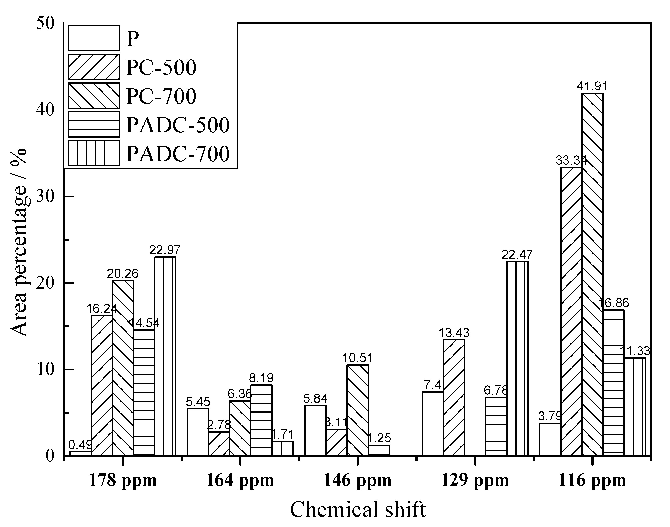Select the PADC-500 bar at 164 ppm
[x=261, y=420]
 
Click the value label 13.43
[x=454, y=333]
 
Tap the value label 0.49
[x=80, y=445]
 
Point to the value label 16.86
[x=613, y=303]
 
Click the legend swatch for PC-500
[x=94, y=67]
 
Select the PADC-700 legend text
[x=178, y=154]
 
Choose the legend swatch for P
[x=94, y=38]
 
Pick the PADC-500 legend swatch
[x=94, y=124]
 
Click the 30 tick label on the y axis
[x=45, y=196]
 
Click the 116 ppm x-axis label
[x=592, y=480]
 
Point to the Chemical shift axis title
[x=358, y=509]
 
